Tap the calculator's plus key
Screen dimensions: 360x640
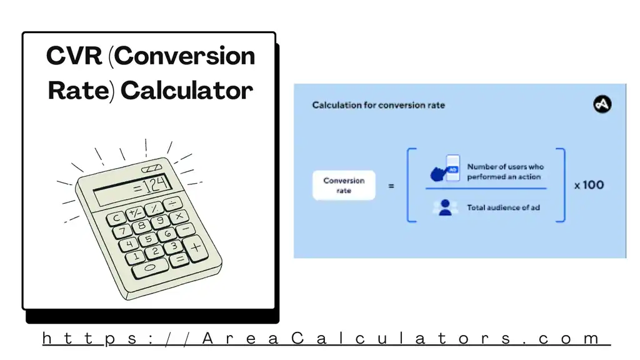pos(196,247)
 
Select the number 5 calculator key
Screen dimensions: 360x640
pos(148,239)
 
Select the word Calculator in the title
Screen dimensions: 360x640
pos(187,91)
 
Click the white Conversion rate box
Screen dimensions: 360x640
pos(344,185)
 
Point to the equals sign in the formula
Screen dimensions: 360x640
pos(391,186)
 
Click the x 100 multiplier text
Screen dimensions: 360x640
pos(589,185)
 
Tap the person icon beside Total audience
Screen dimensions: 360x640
pos(445,207)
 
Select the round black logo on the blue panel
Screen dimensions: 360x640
pos(602,104)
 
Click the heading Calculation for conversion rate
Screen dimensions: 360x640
pos(378,105)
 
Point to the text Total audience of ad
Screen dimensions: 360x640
pos(503,207)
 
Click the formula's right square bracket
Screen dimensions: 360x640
pos(561,185)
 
